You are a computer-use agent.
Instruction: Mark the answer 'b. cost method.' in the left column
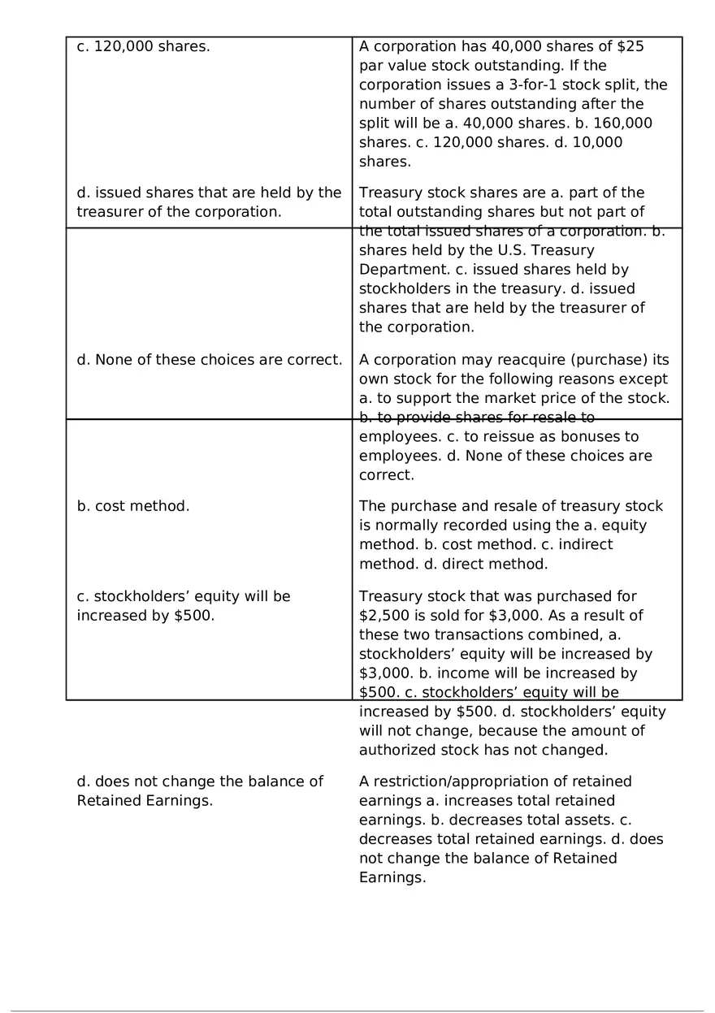coord(133,506)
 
